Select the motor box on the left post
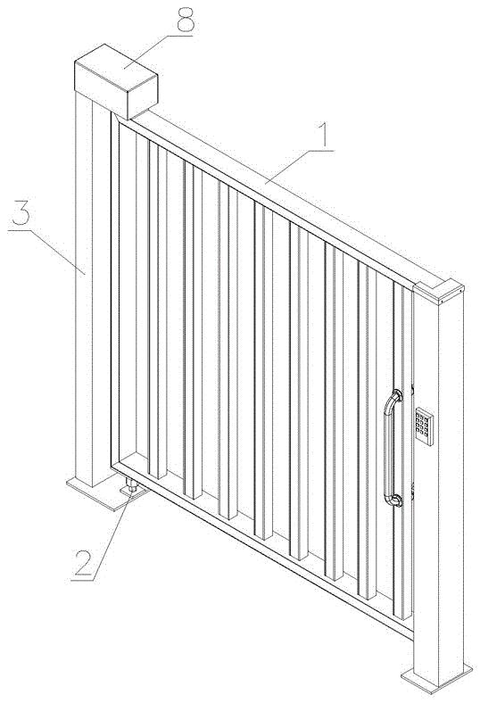[x=116, y=81]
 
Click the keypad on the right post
[x=424, y=426]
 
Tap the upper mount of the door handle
[x=397, y=396]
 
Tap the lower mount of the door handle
[x=396, y=500]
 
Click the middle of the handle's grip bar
[x=387, y=449]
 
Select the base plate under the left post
[x=103, y=493]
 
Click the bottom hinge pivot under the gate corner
[x=131, y=486]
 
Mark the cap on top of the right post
[x=438, y=292]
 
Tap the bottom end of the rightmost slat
[x=402, y=616]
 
